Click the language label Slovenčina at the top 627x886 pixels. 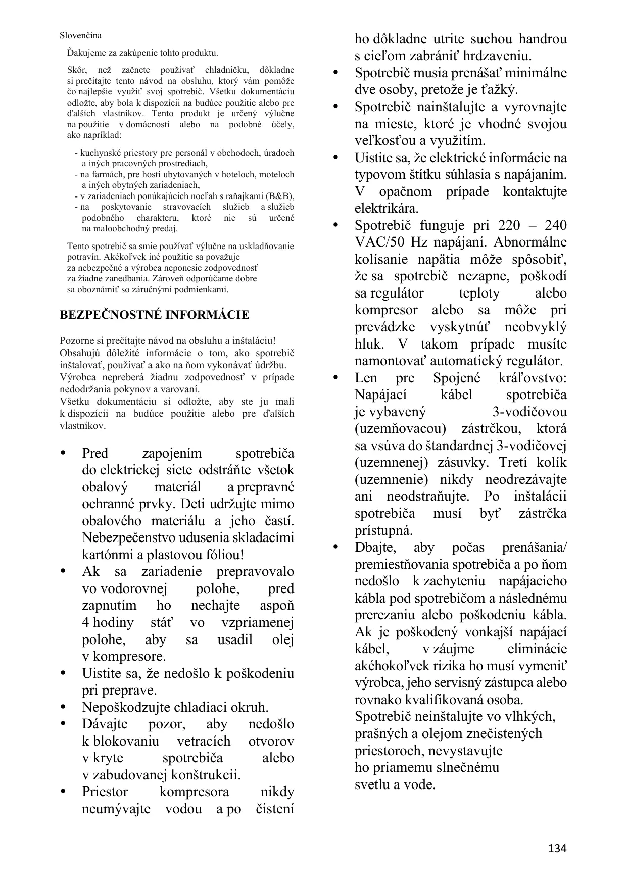pyautogui.click(x=80, y=35)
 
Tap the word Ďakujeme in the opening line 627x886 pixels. pyautogui.click(x=84, y=53)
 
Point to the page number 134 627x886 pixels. pyautogui.click(x=557, y=848)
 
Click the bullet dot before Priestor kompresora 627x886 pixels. pyautogui.click(x=63, y=792)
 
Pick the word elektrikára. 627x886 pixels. pyautogui.click(x=387, y=209)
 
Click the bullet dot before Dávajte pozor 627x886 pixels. pyautogui.click(x=63, y=724)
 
